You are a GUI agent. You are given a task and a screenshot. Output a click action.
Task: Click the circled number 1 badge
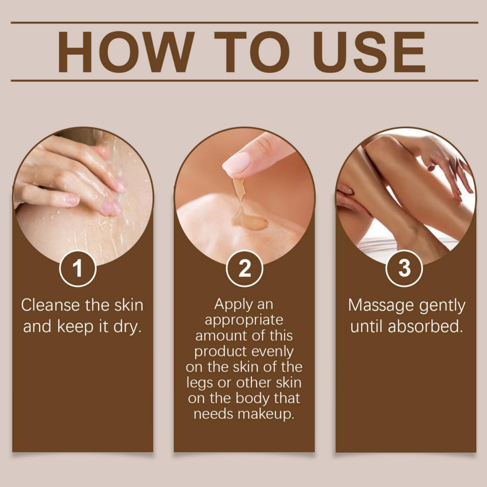click(78, 268)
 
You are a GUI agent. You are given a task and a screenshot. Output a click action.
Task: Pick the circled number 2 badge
click(244, 268)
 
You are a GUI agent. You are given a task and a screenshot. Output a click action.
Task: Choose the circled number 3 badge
click(405, 268)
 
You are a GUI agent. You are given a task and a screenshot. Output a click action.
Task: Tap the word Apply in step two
click(229, 305)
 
